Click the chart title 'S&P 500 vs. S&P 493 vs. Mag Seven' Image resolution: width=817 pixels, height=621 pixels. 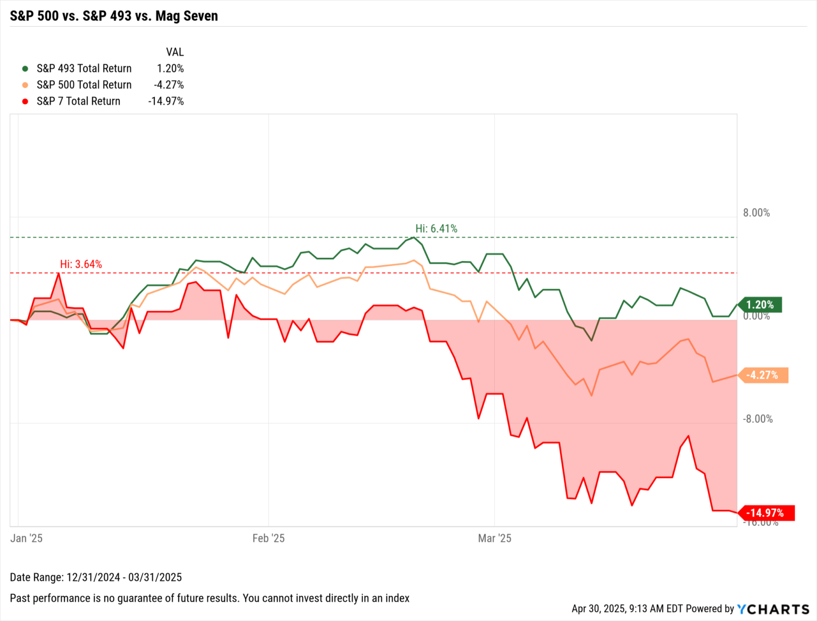coord(114,16)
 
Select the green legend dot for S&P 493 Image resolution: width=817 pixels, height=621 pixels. coord(25,69)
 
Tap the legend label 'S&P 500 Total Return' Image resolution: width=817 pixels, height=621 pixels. coord(84,85)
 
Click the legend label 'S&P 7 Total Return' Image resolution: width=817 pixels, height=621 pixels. coord(78,101)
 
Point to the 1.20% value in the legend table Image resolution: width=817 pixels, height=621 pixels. coord(170,69)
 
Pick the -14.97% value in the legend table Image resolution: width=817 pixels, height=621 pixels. coord(166,101)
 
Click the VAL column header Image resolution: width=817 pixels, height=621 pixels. coord(174,52)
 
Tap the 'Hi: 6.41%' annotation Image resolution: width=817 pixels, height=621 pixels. coord(436,228)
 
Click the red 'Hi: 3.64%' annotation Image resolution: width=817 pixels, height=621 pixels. coord(81,264)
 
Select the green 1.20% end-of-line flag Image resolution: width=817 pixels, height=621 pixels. coord(760,305)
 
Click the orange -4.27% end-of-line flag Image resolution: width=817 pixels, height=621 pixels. coord(762,375)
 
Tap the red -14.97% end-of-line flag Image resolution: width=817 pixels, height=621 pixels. coord(765,513)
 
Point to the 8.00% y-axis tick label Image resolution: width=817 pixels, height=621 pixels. coord(756,213)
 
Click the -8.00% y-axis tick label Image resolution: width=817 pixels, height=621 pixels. coord(757,419)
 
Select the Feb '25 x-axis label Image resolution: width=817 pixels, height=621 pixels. coord(268,538)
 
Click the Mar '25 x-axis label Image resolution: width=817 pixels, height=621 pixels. coord(494,538)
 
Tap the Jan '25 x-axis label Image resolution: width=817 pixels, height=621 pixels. coord(26,538)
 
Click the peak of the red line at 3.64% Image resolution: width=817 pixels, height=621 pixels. coord(59,273)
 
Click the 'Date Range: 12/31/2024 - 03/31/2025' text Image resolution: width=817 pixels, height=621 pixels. coord(96,577)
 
